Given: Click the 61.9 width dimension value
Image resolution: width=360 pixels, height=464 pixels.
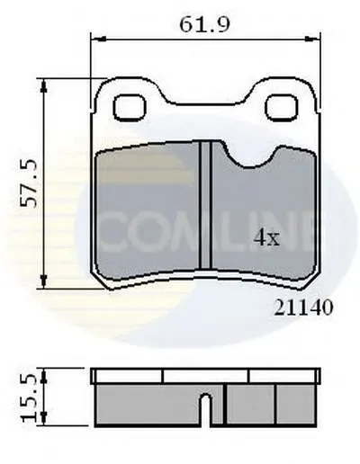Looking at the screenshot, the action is pyautogui.click(x=205, y=25).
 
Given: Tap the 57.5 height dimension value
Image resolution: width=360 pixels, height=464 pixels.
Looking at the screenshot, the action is pyautogui.click(x=29, y=183).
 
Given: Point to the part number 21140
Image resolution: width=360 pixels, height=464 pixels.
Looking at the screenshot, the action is pyautogui.click(x=303, y=308).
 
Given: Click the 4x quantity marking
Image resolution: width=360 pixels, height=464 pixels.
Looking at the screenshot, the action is pyautogui.click(x=266, y=238).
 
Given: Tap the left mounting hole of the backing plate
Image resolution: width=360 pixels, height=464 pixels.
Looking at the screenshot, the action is pyautogui.click(x=130, y=107).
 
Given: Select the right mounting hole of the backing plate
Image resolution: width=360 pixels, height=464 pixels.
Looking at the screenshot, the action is pyautogui.click(x=282, y=107).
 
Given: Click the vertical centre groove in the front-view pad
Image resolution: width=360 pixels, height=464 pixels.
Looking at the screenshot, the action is pyautogui.click(x=206, y=205).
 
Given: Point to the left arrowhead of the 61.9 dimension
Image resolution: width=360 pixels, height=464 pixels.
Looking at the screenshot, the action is pyautogui.click(x=98, y=39).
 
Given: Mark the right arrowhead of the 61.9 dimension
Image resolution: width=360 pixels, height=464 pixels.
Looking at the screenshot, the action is pyautogui.click(x=312, y=39).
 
